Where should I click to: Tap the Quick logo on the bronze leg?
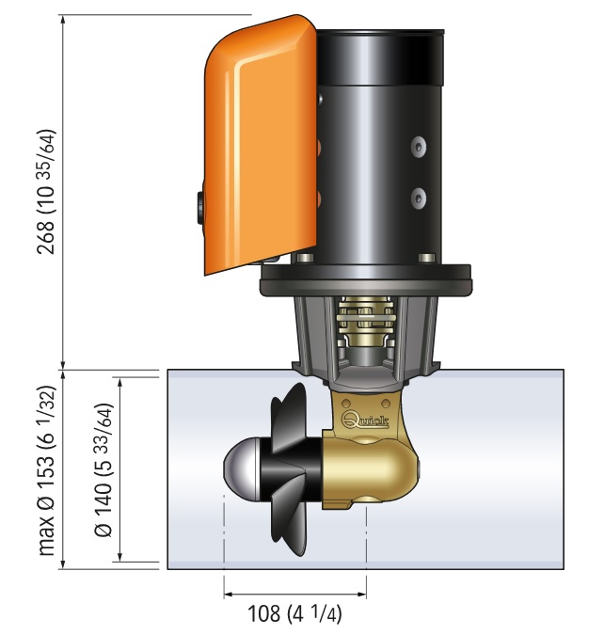pyautogui.click(x=365, y=420)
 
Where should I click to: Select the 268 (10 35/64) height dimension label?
pyautogui.click(x=45, y=192)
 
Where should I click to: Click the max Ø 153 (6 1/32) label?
pyautogui.click(x=45, y=470)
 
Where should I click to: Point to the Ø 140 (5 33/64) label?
pyautogui.click(x=103, y=469)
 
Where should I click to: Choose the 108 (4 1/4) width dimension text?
pyautogui.click(x=294, y=613)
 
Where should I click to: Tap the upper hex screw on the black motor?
pyautogui.click(x=419, y=146)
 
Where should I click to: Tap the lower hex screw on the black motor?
pyautogui.click(x=419, y=198)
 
